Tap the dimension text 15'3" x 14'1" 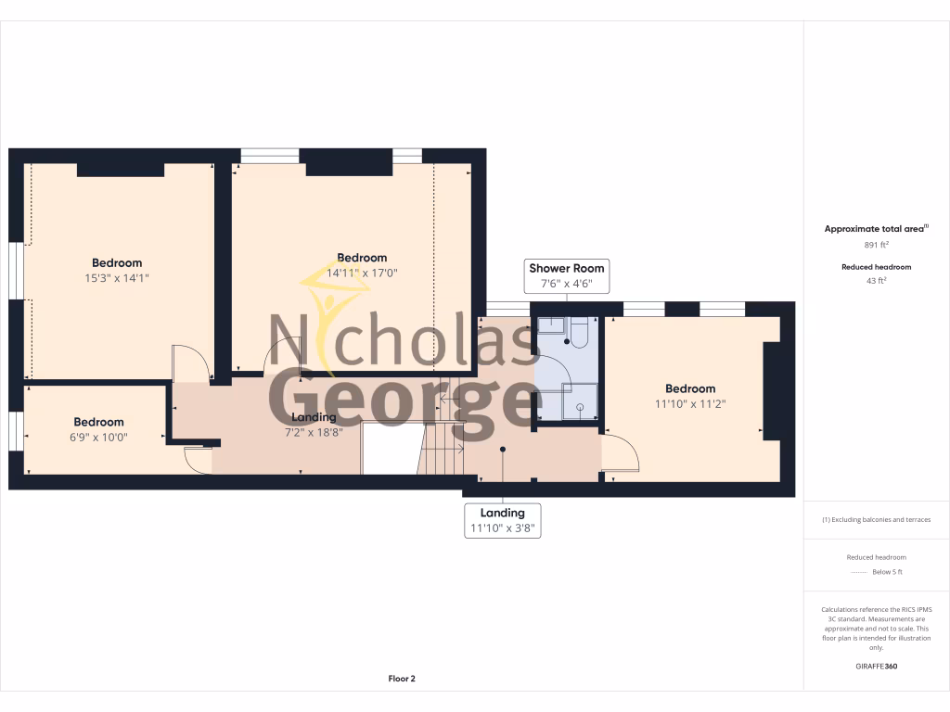point(117,277)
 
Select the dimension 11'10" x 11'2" point(689,403)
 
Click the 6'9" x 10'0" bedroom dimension point(98,437)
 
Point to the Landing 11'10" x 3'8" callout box point(502,520)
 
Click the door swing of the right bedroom point(621,455)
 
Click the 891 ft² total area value point(876,245)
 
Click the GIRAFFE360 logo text point(876,666)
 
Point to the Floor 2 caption point(402,679)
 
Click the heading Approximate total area point(876,228)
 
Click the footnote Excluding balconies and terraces point(876,519)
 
